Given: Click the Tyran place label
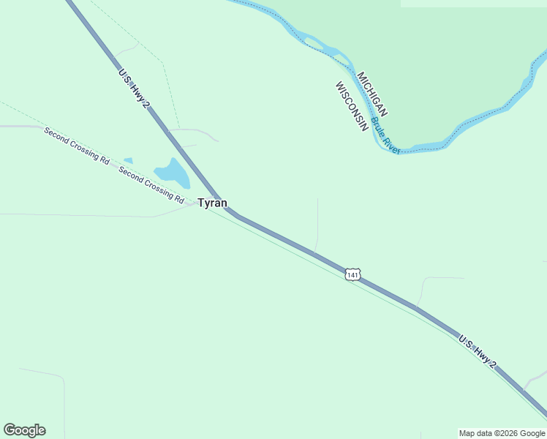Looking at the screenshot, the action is coord(212,203).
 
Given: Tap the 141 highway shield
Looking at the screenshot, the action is coord(353,275).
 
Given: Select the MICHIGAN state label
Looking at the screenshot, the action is coord(372,94).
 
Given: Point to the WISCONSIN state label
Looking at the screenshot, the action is coord(351,107).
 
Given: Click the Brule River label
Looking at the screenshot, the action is coord(385,135).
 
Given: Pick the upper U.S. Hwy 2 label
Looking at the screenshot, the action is coord(135,89).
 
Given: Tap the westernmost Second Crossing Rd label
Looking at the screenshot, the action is coord(76,145).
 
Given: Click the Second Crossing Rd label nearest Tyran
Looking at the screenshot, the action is coord(151,184).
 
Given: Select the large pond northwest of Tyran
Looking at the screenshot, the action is coord(173,173).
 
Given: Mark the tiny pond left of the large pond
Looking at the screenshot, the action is coord(128,160).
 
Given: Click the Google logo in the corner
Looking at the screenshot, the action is coord(24,430).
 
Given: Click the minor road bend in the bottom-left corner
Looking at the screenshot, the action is coord(61,378).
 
